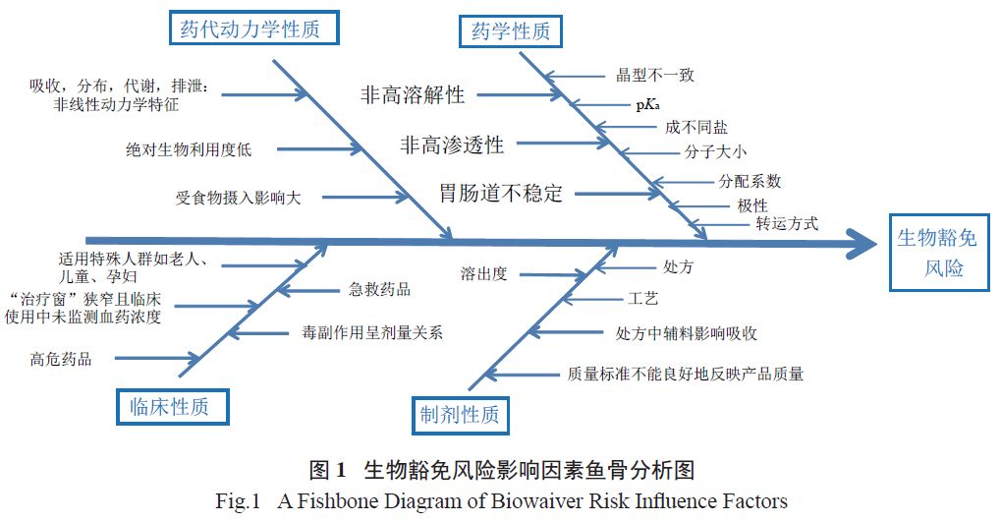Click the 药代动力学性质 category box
tap(250, 29)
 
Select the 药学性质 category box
tap(510, 31)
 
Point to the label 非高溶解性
tap(412, 95)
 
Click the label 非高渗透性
tap(452, 145)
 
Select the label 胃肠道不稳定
tap(501, 193)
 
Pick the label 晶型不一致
tap(655, 75)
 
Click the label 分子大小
tap(716, 152)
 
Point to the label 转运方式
tap(786, 223)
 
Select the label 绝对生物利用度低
tap(189, 149)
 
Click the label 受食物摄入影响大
tap(239, 197)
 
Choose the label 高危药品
tap(61, 359)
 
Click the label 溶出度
tap(483, 273)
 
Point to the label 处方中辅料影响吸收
tap(687, 333)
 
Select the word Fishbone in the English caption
tap(345, 501)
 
